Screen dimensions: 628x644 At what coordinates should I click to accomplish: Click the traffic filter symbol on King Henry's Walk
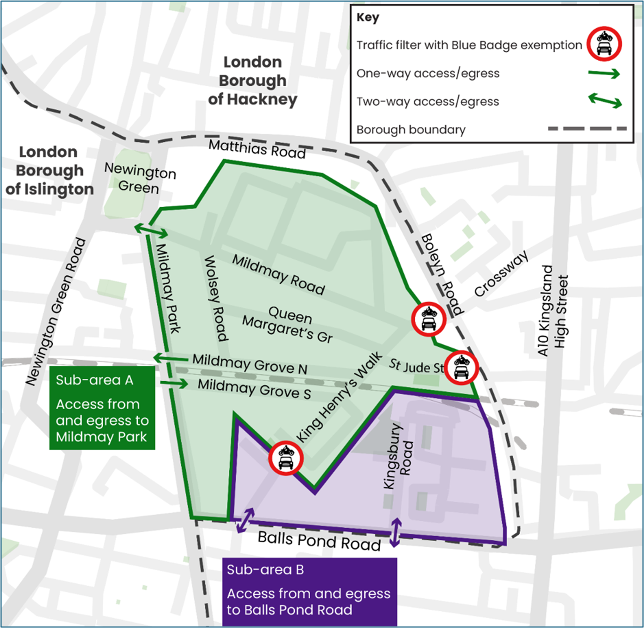tap(286, 458)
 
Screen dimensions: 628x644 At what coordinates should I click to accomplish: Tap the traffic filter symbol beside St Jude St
tap(461, 368)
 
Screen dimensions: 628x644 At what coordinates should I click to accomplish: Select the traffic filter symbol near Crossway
tap(428, 319)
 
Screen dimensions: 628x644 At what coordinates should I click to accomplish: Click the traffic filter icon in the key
tap(604, 44)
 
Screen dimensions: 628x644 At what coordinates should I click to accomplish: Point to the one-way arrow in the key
tap(604, 74)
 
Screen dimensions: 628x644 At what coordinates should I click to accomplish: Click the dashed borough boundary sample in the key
tap(587, 129)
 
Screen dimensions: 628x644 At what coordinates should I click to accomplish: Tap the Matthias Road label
tap(257, 149)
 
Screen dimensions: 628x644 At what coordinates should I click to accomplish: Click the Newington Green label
tap(140, 178)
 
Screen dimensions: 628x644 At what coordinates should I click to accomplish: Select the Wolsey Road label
tap(216, 298)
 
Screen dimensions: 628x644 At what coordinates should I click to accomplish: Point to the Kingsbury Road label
tap(398, 456)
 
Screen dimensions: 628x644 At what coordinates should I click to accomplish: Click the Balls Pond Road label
tap(319, 541)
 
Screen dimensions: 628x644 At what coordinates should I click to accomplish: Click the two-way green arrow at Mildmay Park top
tap(151, 230)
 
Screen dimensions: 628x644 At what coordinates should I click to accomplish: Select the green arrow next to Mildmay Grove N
tap(170, 358)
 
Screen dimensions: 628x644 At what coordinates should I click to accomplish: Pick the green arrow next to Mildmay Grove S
tap(174, 384)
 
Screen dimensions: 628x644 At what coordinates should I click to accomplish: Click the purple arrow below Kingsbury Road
tap(396, 532)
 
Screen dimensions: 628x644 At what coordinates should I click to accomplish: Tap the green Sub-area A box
tap(102, 408)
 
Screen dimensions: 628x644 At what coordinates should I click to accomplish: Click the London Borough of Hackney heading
tap(253, 81)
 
